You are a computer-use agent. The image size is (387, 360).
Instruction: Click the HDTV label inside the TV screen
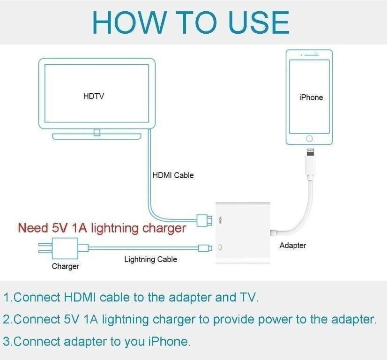point(93,97)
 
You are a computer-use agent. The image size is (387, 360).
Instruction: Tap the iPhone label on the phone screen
point(311,97)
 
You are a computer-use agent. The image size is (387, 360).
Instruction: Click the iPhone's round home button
point(309,139)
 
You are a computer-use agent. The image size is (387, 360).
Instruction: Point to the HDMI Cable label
point(173,175)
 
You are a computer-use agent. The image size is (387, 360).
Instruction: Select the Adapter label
point(293,245)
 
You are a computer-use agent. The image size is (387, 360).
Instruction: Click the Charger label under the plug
point(65,266)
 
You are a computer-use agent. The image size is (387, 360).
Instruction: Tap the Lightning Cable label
point(150,259)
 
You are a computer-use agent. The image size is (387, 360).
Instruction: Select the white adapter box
point(242,233)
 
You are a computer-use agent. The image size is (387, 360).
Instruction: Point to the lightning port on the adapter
point(221,247)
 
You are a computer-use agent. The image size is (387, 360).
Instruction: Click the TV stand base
point(97,137)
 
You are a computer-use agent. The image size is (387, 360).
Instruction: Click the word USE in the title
point(258,22)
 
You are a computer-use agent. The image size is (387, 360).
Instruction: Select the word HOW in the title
point(129,22)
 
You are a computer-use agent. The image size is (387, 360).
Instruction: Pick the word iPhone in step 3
point(166,342)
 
